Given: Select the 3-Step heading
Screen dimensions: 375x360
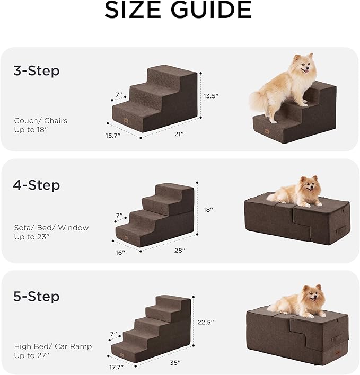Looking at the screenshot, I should (x=36, y=71).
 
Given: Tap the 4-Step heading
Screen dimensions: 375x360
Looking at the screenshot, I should (x=36, y=185).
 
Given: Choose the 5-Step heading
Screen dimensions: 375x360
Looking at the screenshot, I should (x=36, y=296).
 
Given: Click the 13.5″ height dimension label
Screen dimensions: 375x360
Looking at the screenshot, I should (x=211, y=96).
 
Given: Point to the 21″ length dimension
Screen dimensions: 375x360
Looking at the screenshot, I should (x=178, y=135).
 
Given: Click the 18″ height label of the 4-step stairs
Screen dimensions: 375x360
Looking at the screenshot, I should (x=208, y=210).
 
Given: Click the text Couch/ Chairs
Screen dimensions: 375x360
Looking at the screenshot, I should (x=41, y=121).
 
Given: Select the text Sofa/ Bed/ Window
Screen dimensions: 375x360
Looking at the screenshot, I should (x=51, y=228).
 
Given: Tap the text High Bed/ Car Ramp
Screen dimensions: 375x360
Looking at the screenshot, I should (x=52, y=346).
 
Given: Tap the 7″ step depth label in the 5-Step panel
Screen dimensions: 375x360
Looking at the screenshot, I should (x=113, y=334).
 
